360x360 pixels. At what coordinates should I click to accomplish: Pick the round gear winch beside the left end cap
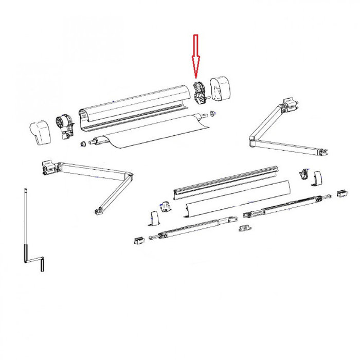[62, 125]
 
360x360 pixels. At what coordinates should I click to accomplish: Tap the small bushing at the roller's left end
[81, 143]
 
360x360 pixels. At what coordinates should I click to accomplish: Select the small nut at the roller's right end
[211, 113]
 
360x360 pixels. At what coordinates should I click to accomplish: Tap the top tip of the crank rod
[25, 191]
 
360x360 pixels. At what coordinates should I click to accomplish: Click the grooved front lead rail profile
[226, 182]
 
